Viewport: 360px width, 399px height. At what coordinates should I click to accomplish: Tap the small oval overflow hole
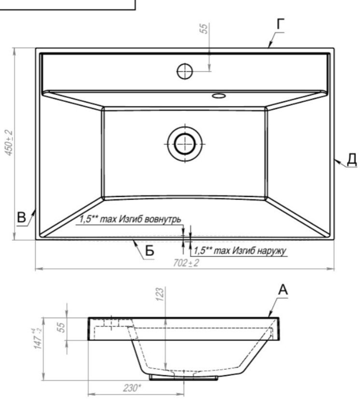point(219,96)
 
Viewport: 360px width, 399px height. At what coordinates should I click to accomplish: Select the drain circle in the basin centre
point(185,144)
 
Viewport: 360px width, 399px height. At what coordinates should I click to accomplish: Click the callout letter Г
point(280,25)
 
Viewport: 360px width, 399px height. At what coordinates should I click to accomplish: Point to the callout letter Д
point(352,160)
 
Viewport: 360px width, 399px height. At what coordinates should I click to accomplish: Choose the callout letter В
point(22,217)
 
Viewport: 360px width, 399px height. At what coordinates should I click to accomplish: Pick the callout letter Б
point(150,250)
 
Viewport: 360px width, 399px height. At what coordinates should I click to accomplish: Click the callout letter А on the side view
point(283,290)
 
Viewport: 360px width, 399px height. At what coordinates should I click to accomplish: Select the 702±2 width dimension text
point(186,263)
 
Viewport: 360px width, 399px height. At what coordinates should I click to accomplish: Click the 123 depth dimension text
point(160,294)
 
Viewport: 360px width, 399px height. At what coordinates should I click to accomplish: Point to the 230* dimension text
point(132,388)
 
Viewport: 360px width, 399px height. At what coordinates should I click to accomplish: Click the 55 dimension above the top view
point(204,28)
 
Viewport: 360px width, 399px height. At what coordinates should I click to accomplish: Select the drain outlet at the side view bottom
point(183,377)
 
